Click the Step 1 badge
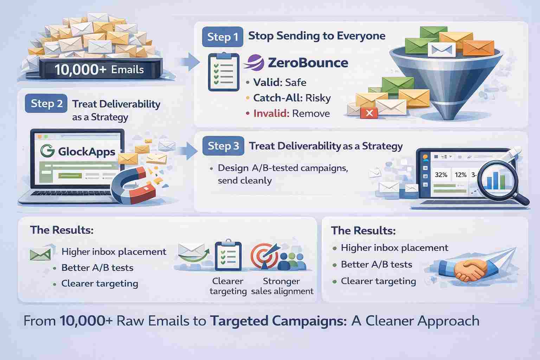[223, 37]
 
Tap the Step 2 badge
[46, 103]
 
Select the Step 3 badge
[223, 146]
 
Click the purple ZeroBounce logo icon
[253, 63]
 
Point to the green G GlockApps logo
[47, 151]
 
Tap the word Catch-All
[277, 98]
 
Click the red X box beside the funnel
[369, 113]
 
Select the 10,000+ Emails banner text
[99, 70]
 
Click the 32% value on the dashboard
[441, 175]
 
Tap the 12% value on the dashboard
[461, 175]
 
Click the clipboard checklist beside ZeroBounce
[224, 72]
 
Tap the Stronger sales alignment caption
[282, 286]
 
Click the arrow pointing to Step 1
[191, 62]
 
